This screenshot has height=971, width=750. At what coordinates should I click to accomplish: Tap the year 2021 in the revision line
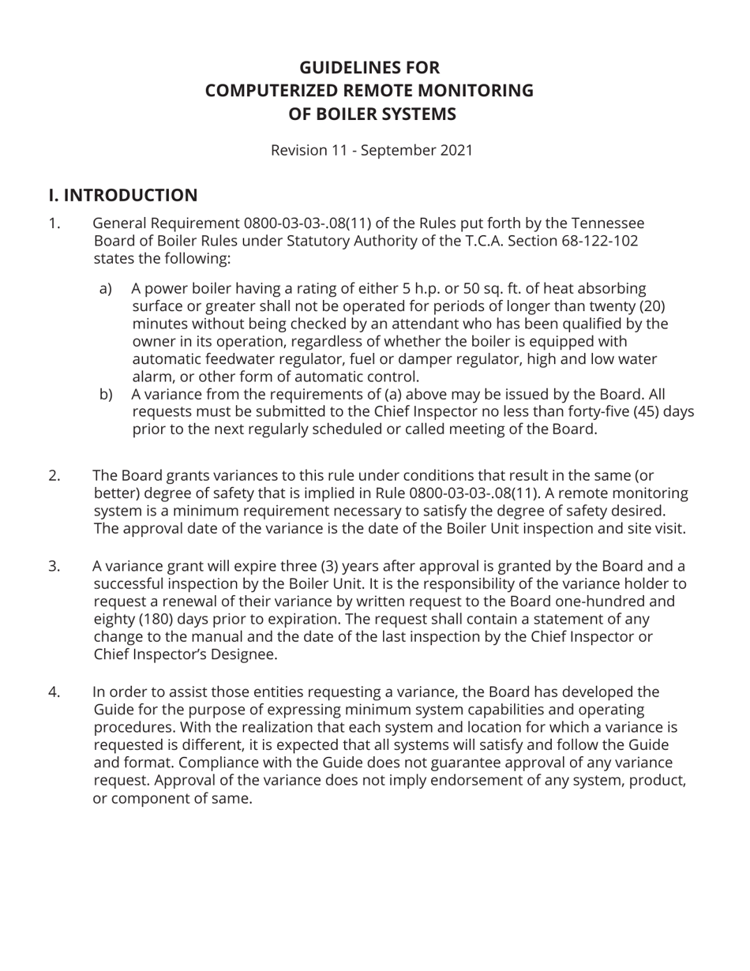(x=456, y=150)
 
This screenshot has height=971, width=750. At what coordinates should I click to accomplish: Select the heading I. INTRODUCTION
(x=123, y=196)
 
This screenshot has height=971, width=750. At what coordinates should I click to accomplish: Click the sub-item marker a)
(x=106, y=289)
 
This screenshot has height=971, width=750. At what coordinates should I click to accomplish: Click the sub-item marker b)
(x=106, y=395)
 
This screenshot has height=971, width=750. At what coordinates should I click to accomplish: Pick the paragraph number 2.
(x=54, y=476)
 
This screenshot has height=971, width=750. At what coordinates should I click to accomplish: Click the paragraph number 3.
(x=54, y=566)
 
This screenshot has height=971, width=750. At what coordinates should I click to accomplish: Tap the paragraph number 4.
(x=54, y=692)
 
